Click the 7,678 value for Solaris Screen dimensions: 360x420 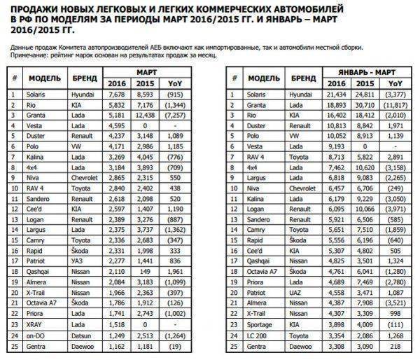click(116, 93)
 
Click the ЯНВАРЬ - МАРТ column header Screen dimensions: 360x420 click(359, 71)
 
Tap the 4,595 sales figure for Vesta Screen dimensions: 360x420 click(116, 127)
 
